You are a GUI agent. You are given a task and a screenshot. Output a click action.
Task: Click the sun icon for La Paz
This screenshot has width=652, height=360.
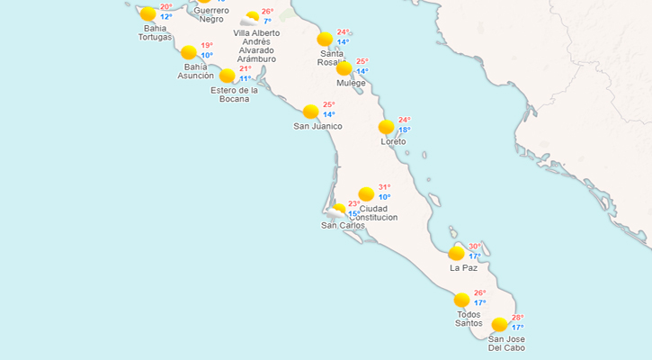coord(457,253)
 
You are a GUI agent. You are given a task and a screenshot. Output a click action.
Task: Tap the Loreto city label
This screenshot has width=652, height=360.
coord(393,142)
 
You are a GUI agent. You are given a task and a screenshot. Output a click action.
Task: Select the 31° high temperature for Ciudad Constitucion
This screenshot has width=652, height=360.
coord(384,187)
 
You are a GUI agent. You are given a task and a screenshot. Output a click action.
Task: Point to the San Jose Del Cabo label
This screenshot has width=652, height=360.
coord(506,343)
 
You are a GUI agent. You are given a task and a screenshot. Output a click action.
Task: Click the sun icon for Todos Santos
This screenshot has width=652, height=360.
coord(462,300)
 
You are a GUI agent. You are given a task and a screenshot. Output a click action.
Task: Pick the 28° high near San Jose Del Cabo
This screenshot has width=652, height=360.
coord(518,318)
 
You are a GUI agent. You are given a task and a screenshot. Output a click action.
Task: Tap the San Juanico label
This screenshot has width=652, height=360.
coord(318,126)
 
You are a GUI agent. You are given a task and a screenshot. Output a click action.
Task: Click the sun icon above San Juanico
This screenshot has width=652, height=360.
coord(311,112)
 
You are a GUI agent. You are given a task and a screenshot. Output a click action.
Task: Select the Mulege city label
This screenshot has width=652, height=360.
coord(351,83)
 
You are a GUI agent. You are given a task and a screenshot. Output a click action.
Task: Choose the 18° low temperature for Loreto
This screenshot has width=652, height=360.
coord(405,130)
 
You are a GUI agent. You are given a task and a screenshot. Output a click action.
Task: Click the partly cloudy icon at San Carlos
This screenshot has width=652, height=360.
coord(338,211)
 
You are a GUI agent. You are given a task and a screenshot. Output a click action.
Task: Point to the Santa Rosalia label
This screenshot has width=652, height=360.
coord(332,58)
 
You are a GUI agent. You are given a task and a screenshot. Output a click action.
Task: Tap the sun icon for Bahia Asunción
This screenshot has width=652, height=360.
coord(189,52)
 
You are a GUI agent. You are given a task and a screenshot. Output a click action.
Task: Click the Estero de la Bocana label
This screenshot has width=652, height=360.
coord(235,94)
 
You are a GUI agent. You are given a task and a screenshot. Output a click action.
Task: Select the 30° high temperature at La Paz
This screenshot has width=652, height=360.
coord(474,247)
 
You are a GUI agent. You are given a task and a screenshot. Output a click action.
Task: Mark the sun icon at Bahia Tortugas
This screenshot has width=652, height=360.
coord(148,13)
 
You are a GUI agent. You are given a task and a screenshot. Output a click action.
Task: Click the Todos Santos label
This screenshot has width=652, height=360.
coord(469,319)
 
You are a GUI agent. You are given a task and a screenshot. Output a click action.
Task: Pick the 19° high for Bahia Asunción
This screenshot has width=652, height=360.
coord(207,46)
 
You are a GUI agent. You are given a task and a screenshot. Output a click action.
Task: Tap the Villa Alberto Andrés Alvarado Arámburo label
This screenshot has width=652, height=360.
coord(256,46)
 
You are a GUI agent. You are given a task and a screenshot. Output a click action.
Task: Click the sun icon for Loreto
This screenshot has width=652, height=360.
coord(387,127)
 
